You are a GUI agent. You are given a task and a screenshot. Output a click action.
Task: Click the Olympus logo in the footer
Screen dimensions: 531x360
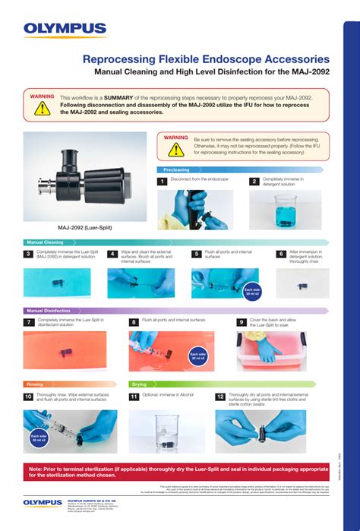(43, 502)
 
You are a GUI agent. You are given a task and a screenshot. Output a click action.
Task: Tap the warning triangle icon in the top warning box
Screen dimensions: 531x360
(42, 108)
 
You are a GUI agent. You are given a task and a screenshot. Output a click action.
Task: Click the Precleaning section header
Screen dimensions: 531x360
(176, 170)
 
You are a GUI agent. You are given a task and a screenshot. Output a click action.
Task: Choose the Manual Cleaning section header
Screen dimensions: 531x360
(46, 242)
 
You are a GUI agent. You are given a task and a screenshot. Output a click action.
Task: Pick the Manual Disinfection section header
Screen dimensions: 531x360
(49, 311)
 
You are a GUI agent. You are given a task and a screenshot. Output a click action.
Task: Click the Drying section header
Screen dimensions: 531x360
(140, 384)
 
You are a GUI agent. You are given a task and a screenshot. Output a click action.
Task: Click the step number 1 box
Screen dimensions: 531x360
(162, 182)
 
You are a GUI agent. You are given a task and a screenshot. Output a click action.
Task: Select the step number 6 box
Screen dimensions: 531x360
(280, 254)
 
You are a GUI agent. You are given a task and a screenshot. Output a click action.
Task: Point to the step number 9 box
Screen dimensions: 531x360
(242, 322)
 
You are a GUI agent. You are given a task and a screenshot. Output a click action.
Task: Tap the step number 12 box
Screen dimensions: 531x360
(220, 397)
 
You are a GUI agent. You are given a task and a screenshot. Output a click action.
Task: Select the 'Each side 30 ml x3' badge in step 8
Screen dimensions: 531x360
(197, 356)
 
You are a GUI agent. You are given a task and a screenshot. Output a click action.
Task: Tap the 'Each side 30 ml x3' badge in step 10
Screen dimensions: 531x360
(36, 438)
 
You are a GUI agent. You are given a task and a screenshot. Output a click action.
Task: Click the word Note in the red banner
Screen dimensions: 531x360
(36, 469)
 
